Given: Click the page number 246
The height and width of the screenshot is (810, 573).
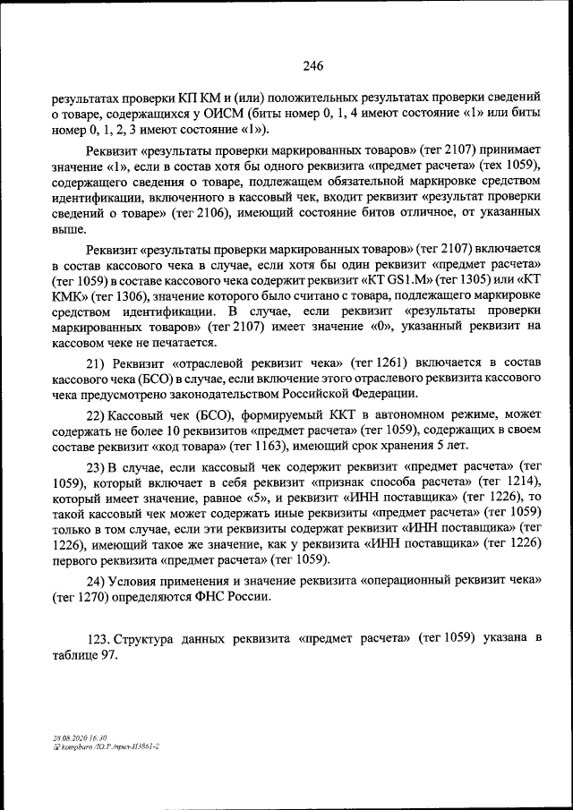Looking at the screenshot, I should click(x=312, y=65).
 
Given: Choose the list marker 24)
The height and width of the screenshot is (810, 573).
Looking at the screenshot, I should click(x=97, y=580).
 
